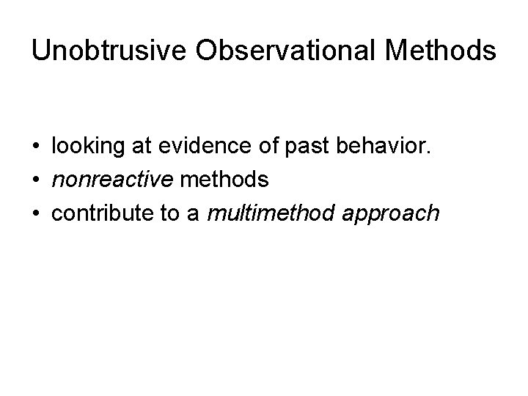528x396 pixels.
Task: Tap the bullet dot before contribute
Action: tap(36, 214)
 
